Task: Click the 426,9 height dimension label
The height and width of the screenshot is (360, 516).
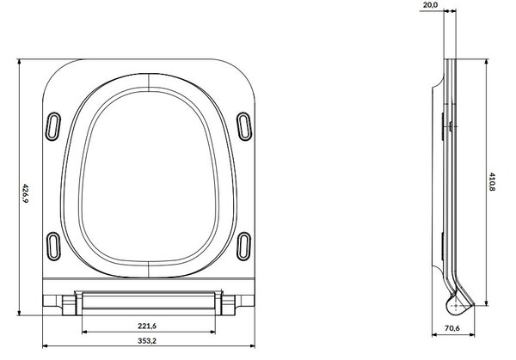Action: (x=25, y=193)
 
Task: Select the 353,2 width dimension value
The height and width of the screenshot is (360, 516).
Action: (x=147, y=340)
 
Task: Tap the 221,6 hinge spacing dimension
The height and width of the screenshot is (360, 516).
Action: (x=147, y=326)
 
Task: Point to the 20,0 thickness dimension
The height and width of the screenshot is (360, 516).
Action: (x=430, y=5)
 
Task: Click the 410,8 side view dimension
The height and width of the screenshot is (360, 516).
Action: (x=492, y=181)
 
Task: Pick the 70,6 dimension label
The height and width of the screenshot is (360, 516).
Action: (x=452, y=328)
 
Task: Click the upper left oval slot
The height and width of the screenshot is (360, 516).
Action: (x=52, y=126)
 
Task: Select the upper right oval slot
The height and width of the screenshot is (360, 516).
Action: (x=244, y=126)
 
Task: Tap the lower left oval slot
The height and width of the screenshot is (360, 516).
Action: (x=52, y=247)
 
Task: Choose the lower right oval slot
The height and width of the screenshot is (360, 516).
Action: (x=244, y=247)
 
